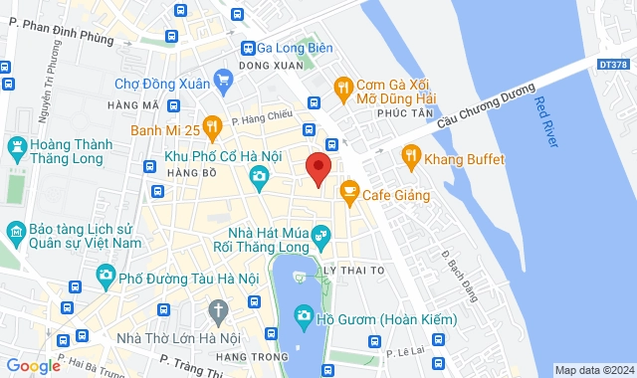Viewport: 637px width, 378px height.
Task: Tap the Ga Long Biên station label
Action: pyautogui.click(x=295, y=48)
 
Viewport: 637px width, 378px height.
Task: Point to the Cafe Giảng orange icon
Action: pyautogui.click(x=348, y=190)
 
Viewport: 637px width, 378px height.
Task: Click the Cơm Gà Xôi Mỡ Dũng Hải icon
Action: pyautogui.click(x=342, y=87)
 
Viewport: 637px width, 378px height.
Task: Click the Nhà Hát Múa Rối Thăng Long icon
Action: pyautogui.click(x=320, y=235)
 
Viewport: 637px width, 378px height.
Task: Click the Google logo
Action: pyautogui.click(x=33, y=366)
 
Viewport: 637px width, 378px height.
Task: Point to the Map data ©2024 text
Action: pyautogui.click(x=594, y=370)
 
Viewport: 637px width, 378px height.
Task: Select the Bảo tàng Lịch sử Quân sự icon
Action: pyautogui.click(x=17, y=233)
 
